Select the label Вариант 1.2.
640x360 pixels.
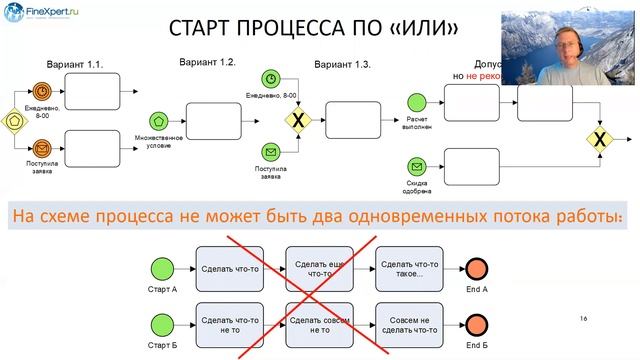coord(207,62)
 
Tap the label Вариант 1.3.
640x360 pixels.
coord(342,64)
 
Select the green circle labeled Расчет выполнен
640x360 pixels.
coord(417,100)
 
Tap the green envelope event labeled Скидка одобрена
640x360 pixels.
coord(417,166)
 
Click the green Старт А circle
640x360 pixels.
coord(161,268)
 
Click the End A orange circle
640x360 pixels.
coord(476,268)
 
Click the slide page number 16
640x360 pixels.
coord(583,318)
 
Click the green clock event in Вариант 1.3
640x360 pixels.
coord(271,79)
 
